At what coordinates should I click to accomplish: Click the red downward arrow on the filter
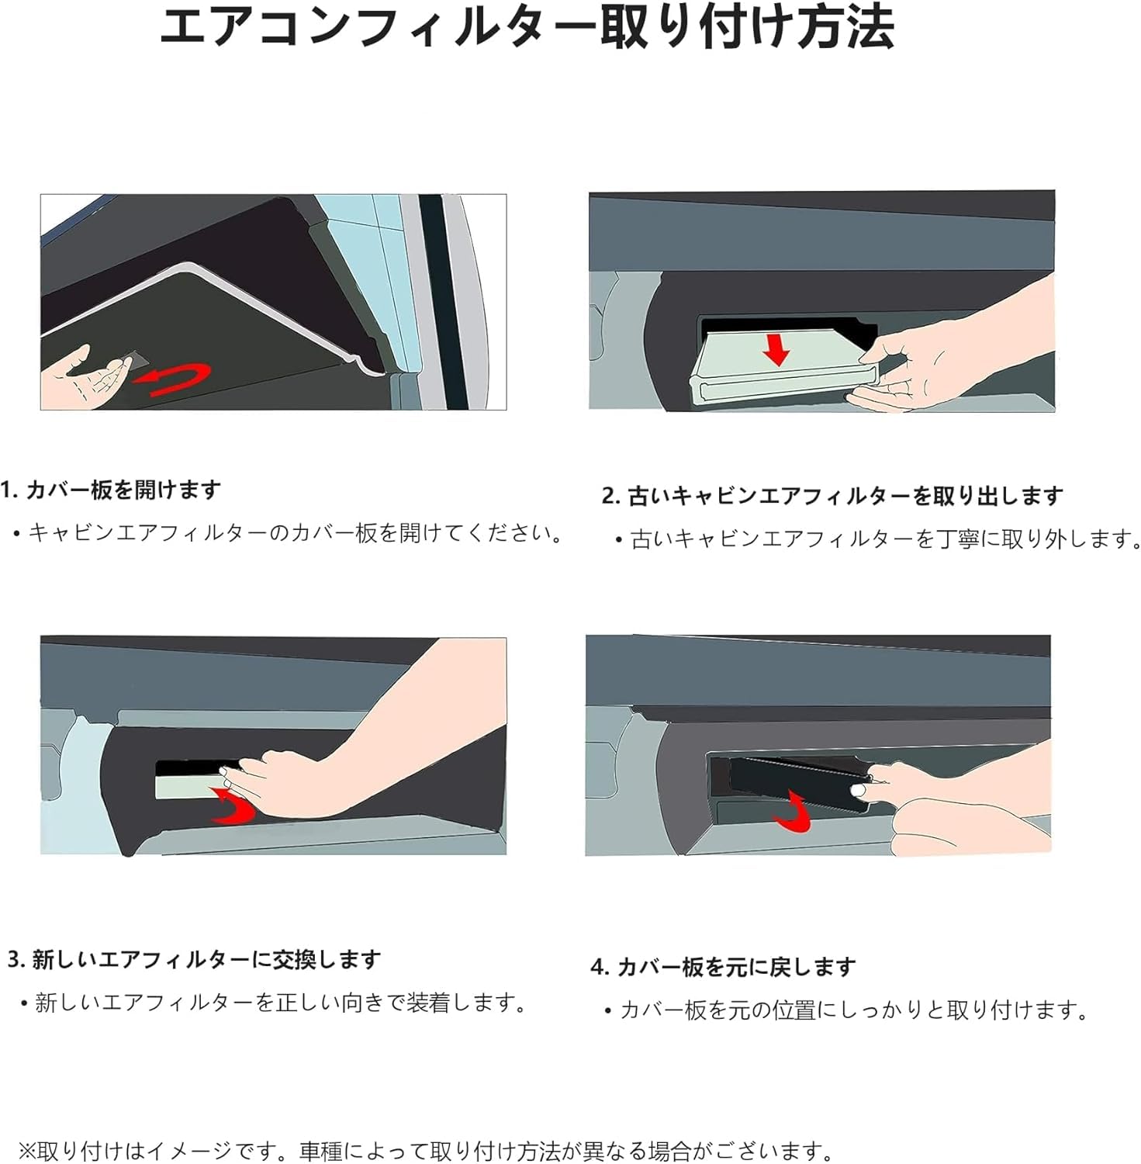(776, 350)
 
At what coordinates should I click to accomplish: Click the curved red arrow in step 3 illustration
(234, 807)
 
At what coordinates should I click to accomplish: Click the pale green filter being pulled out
(776, 369)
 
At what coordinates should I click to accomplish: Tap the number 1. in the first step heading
(9, 490)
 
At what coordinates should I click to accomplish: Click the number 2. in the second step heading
(610, 497)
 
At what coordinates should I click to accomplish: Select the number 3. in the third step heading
(16, 960)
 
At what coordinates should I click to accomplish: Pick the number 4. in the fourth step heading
(599, 968)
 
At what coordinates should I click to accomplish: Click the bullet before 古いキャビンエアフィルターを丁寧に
(619, 540)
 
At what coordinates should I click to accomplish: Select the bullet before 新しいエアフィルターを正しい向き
(24, 1004)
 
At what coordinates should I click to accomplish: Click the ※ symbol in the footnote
(27, 1150)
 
